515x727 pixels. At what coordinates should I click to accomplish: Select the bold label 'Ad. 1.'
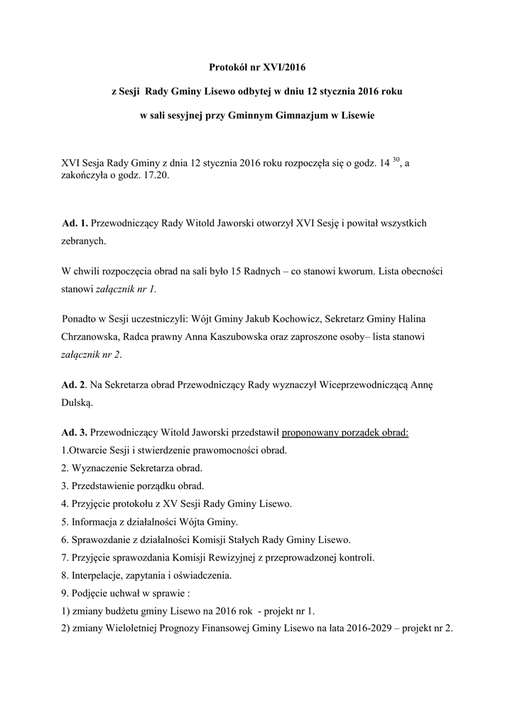[x=75, y=223]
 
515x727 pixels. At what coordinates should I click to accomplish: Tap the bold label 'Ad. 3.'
[x=75, y=432]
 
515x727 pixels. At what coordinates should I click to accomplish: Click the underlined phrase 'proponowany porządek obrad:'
[x=345, y=432]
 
